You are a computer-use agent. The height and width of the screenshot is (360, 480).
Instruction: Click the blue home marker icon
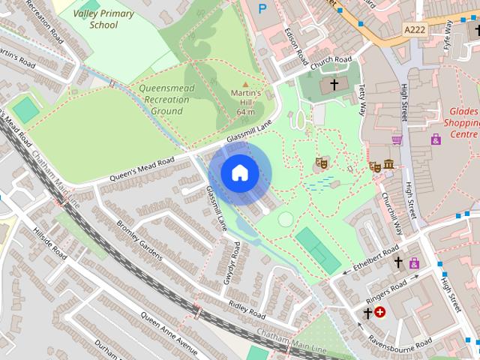coord(239,173)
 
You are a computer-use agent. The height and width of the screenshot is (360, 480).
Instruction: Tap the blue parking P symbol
coord(262,9)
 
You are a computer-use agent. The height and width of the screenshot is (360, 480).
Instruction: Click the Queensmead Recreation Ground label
coord(160,99)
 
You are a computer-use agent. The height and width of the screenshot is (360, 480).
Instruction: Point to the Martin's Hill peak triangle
coord(245,85)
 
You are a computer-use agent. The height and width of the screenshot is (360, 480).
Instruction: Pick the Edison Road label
coord(296,46)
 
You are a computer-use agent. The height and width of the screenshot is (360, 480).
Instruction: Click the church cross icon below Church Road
coord(333,85)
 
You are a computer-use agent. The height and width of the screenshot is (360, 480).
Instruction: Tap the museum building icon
coord(388,165)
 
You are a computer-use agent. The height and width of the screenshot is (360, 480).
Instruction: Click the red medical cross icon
coord(380,311)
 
